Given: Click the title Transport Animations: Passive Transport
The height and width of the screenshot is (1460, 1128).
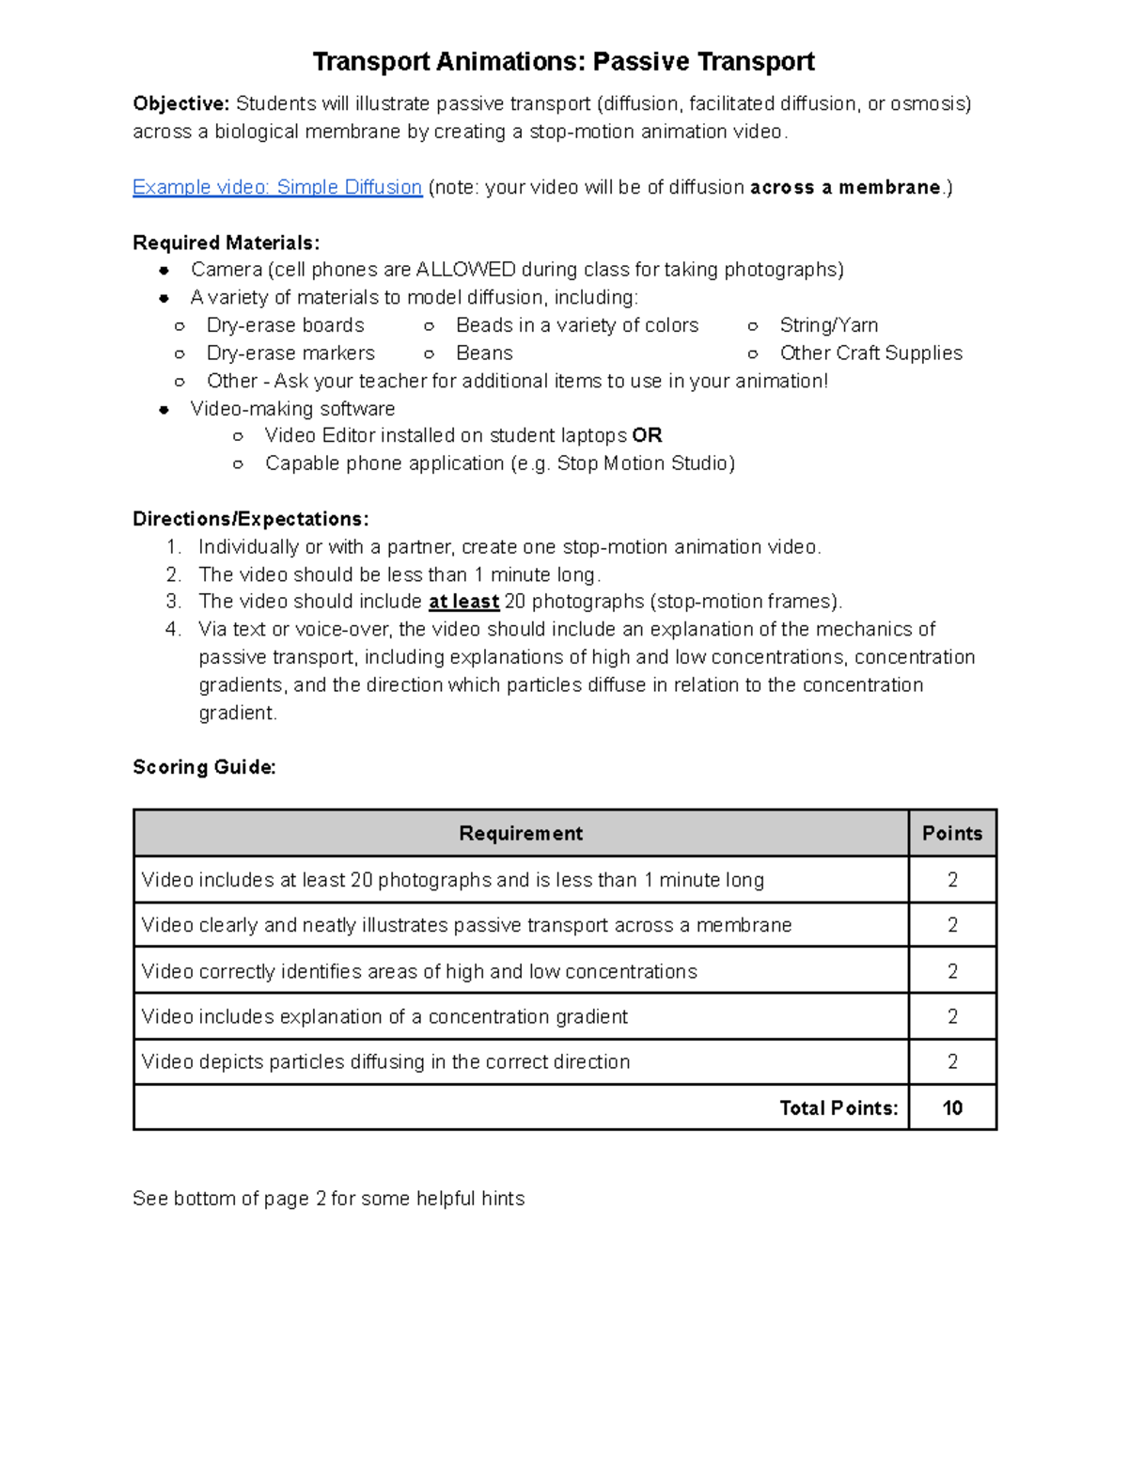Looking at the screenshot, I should pos(563,62).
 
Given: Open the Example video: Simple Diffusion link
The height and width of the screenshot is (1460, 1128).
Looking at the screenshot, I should pos(277,187).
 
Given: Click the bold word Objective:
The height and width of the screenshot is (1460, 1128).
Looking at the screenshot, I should pos(180,103).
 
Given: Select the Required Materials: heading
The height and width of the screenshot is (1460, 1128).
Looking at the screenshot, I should pos(226,243).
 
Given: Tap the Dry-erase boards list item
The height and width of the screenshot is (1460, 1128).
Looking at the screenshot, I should pos(285,325).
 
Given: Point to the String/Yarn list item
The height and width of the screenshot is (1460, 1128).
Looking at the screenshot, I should pos(828,325).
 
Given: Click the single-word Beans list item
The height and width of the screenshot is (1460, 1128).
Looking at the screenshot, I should pos(484,353).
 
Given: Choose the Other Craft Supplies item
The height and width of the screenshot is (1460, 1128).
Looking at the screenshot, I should pos(870,353).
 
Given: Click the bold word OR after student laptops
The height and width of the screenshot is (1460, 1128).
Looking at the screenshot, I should pos(647,436).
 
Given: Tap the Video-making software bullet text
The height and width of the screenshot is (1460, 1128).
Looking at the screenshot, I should pos(292,409).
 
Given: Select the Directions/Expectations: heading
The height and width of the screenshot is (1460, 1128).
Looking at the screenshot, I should pos(250,519).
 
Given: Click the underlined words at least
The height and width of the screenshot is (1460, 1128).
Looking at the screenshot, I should pos(463,602).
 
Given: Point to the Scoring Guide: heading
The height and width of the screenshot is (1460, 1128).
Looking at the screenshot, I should pos(204,767).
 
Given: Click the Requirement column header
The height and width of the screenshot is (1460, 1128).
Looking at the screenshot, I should pos(521,834).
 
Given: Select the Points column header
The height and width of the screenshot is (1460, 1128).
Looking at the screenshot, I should pos(951,834).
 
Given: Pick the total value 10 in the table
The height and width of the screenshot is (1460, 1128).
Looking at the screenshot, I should pos(951,1108).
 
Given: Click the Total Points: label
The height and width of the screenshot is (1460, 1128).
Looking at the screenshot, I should pos(838,1108).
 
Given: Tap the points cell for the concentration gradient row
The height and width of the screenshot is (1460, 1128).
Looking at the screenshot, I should pos(951,1017).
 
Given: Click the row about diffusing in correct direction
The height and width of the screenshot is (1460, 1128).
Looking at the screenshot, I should pos(385,1062).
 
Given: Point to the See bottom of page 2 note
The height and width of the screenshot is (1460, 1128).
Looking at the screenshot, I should pos(328,1199).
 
